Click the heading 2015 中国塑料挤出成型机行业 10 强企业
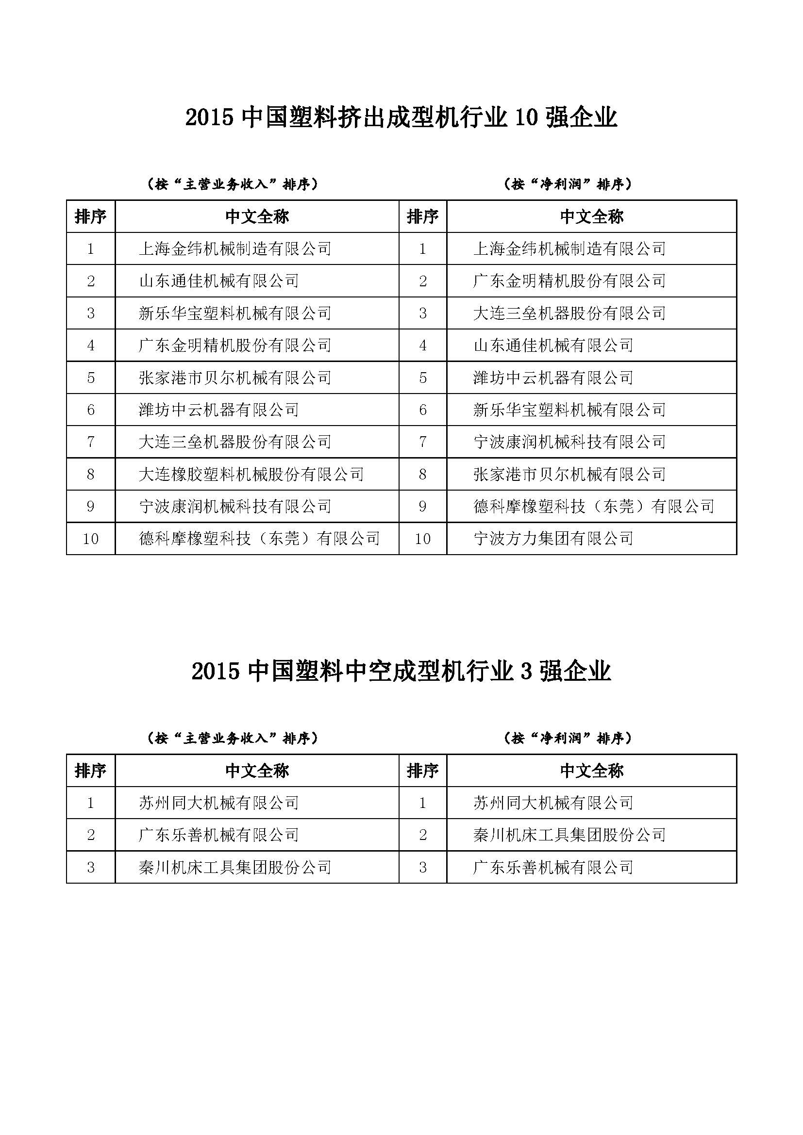[x=401, y=118]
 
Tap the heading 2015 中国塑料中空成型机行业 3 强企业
[x=401, y=672]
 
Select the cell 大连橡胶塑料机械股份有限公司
[x=251, y=474]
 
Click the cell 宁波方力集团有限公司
[x=553, y=538]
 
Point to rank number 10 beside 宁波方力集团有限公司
[x=422, y=538]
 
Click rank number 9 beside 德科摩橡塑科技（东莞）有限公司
[x=422, y=506]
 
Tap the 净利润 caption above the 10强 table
[x=568, y=184]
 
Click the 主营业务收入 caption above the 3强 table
[x=233, y=738]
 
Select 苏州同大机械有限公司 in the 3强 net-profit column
[x=553, y=803]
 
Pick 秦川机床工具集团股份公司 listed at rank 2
[x=569, y=835]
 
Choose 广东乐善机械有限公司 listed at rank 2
[x=218, y=835]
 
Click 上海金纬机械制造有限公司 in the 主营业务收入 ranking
[x=235, y=248]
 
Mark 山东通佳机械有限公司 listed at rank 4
[x=553, y=345]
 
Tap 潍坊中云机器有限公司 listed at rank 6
[x=218, y=410]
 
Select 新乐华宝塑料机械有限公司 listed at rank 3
[x=235, y=313]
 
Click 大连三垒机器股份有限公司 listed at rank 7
[x=235, y=442]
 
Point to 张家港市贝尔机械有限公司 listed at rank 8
[x=569, y=474]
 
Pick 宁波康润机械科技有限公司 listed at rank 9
[x=235, y=506]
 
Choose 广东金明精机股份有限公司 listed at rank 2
[x=569, y=281]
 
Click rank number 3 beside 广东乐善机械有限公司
[x=422, y=867]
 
